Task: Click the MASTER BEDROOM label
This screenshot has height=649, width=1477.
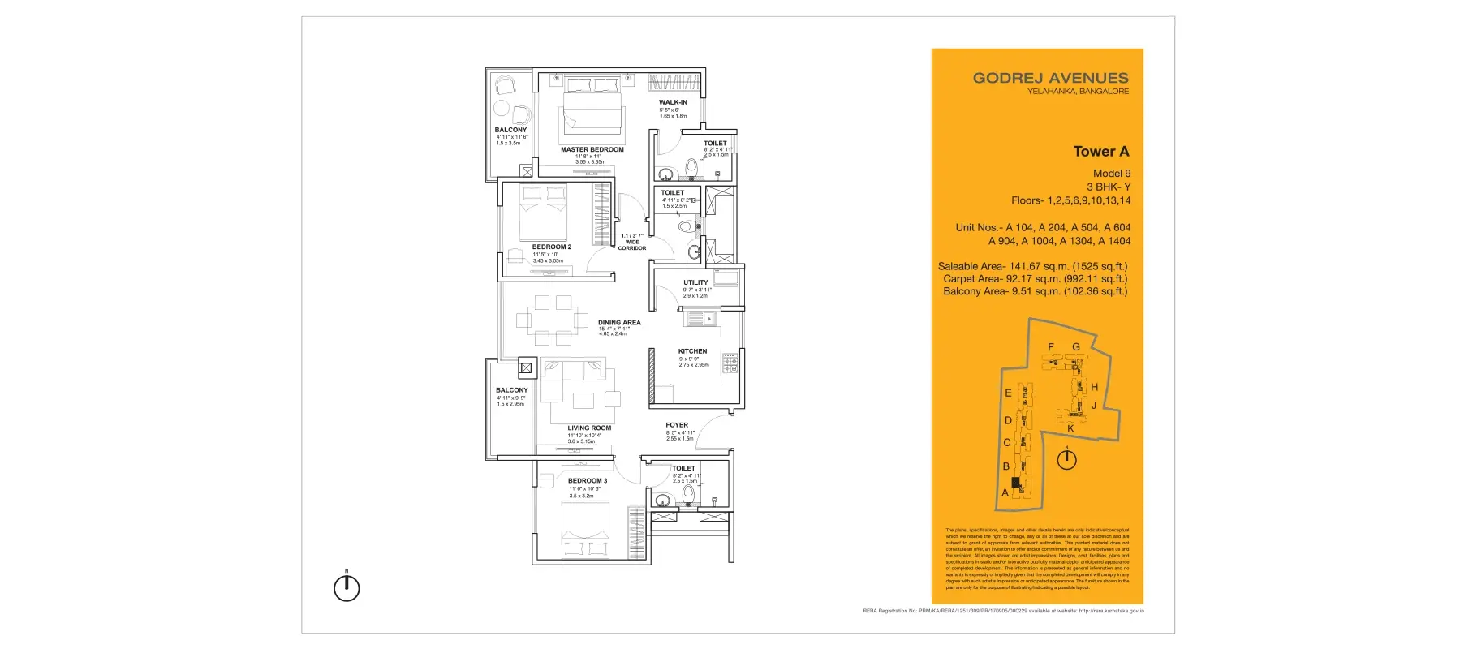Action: pos(592,150)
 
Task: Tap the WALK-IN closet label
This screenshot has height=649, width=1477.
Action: pos(673,103)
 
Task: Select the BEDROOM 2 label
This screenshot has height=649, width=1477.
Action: pos(551,247)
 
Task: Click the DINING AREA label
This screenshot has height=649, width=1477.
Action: pos(619,323)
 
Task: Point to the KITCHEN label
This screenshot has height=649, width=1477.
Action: pos(692,351)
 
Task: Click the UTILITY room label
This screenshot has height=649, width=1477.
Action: pos(695,283)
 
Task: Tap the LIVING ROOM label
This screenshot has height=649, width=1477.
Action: pos(589,428)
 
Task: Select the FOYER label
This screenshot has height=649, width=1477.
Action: pos(677,425)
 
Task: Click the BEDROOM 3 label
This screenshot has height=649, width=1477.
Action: pos(587,481)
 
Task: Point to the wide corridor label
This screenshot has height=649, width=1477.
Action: pos(632,242)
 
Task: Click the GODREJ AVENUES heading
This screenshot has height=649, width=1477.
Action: pos(1050,79)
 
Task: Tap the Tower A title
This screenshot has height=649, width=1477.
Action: pos(1100,152)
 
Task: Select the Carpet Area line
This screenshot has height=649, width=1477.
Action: pos(1035,279)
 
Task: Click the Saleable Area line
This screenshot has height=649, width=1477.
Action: pos(1032,266)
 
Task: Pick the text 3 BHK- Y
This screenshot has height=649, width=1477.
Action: pos(1108,187)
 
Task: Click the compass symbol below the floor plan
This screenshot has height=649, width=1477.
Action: pos(347,587)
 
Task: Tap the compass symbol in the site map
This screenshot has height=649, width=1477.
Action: pos(1066,459)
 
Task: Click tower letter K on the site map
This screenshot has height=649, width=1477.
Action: pos(1070,428)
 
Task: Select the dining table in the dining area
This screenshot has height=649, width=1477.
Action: pos(553,320)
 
